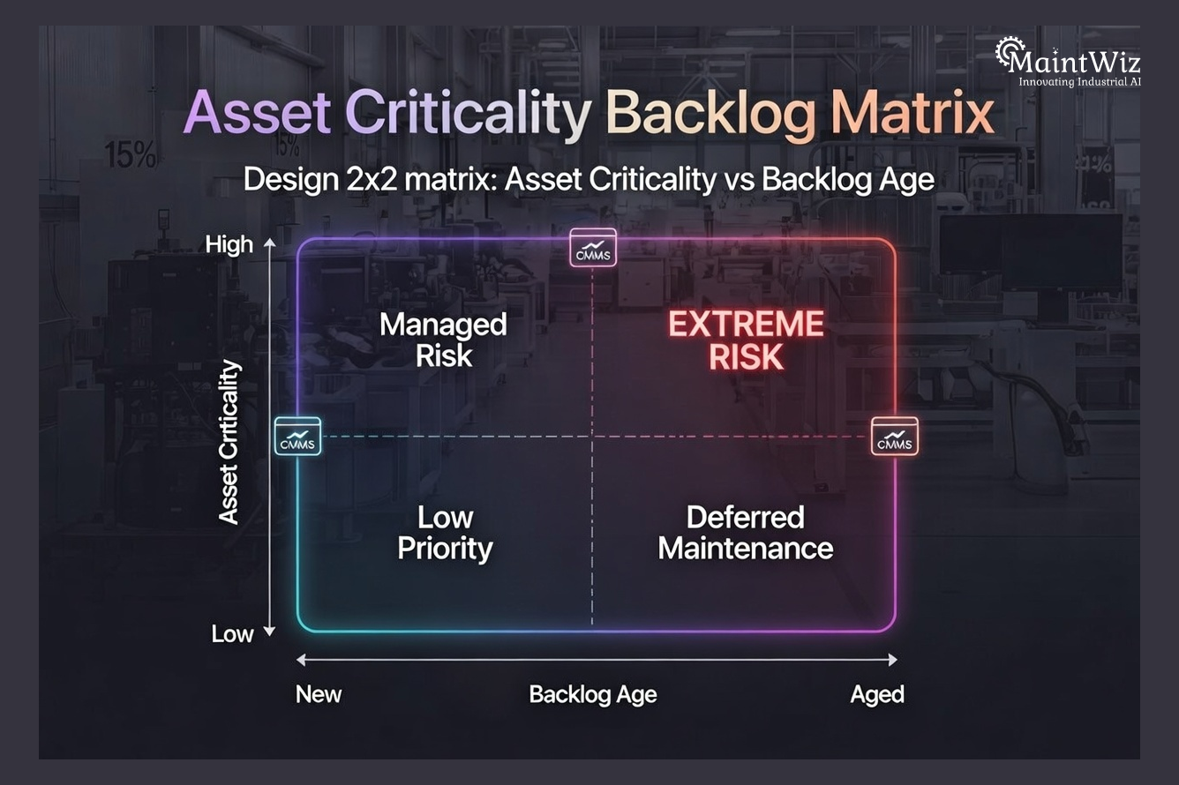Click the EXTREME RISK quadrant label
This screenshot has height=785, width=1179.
click(746, 340)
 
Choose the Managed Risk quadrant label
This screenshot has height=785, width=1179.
click(443, 340)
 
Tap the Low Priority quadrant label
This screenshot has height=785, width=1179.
click(445, 533)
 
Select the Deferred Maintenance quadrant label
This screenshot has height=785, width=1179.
click(746, 533)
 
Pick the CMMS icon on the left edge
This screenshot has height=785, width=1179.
click(297, 436)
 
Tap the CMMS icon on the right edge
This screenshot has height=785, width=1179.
click(895, 436)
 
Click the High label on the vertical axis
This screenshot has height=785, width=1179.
click(229, 244)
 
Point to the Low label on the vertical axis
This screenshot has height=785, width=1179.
click(232, 633)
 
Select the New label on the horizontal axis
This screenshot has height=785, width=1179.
click(319, 694)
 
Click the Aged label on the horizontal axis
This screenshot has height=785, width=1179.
click(877, 694)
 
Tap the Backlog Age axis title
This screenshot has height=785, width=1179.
click(593, 694)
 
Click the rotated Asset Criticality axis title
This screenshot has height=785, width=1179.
click(229, 441)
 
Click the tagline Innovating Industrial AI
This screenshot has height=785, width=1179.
click(1080, 82)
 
